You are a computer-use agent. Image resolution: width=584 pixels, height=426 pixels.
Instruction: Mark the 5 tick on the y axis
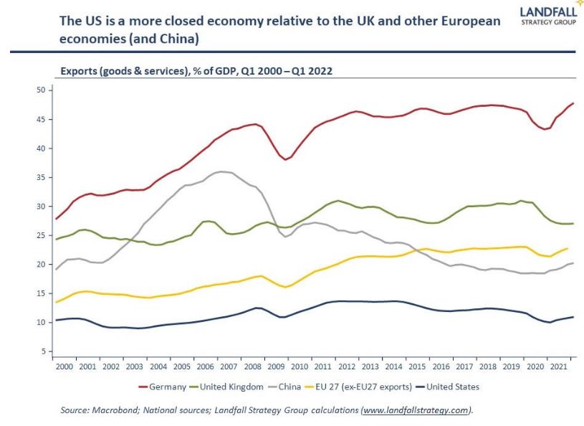42,351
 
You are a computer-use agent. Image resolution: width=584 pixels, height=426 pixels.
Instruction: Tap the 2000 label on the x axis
64,366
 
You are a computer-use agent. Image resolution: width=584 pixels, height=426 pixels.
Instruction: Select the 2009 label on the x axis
277,366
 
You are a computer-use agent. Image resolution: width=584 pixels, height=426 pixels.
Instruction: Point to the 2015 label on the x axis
418,366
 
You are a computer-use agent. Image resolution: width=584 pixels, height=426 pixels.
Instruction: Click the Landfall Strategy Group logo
551,16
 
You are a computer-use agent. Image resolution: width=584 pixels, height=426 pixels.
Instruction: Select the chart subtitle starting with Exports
196,71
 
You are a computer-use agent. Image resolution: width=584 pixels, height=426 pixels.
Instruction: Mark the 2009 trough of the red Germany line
286,159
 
